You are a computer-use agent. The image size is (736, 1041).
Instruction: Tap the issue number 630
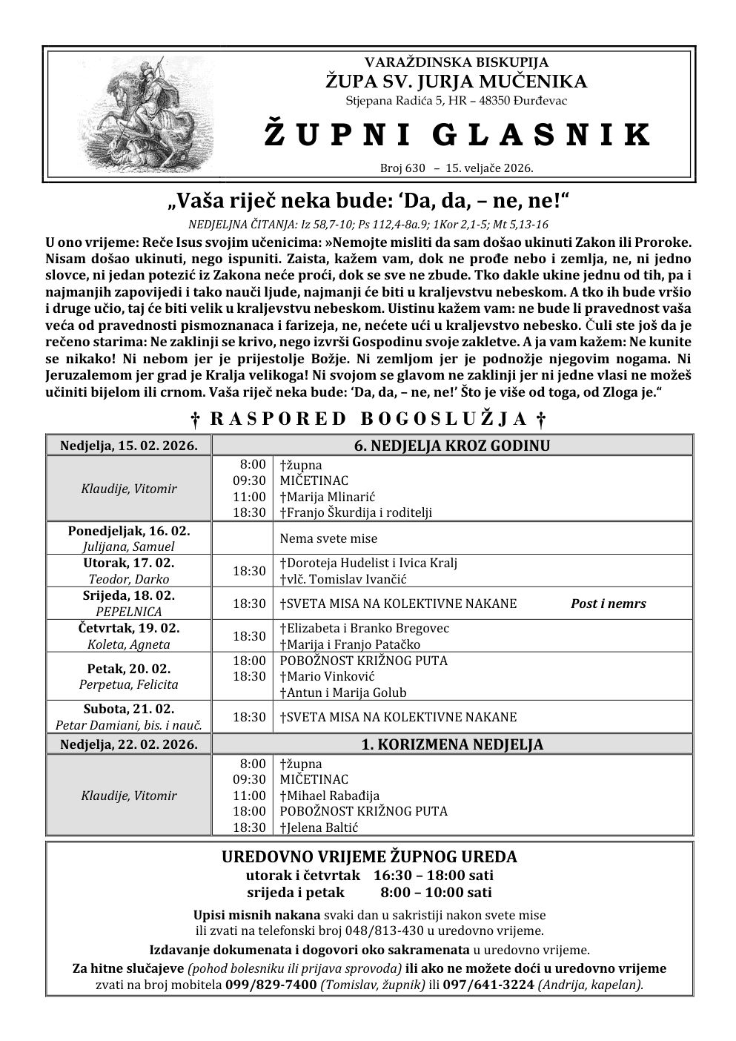pos(415,168)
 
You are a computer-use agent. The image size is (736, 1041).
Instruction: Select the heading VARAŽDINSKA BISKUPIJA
pos(457,62)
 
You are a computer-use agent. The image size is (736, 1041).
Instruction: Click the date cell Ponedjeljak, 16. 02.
pos(128,531)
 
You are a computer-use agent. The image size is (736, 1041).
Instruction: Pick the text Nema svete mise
pos(328,538)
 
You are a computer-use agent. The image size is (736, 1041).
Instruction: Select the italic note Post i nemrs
pos(608,604)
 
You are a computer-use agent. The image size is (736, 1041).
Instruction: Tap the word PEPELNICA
pos(129,612)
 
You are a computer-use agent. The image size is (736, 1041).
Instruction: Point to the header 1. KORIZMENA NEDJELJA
pos(451,744)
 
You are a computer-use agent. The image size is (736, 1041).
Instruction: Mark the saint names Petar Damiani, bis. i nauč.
pos(129,725)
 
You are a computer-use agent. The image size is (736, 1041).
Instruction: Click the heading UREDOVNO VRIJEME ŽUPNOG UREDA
pos(369,857)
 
